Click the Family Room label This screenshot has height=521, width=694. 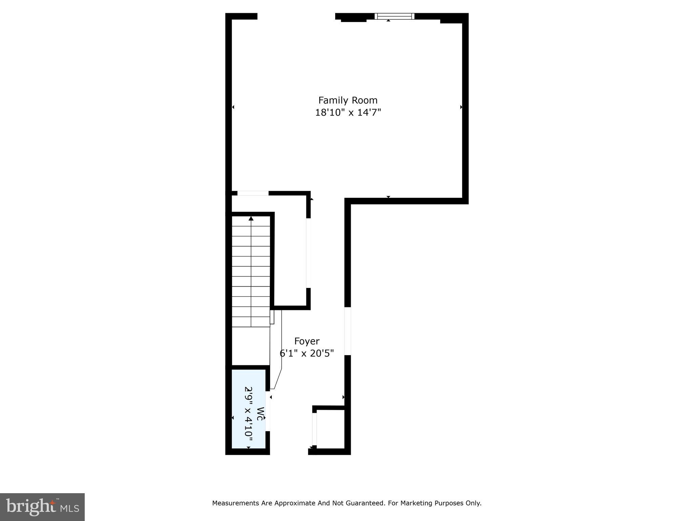pyautogui.click(x=348, y=100)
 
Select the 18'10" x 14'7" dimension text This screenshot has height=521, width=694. pyautogui.click(x=348, y=113)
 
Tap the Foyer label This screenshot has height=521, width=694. pyautogui.click(x=307, y=341)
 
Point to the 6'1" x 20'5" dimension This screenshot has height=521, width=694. pyautogui.click(x=307, y=353)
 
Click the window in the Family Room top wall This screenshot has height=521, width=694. pyautogui.click(x=394, y=16)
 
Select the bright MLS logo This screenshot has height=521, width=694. pyautogui.click(x=42, y=507)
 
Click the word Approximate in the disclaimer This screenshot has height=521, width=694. pyautogui.click(x=294, y=503)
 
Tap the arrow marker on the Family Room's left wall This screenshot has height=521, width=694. pyautogui.click(x=233, y=107)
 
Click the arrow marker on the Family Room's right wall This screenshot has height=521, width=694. pyautogui.click(x=461, y=107)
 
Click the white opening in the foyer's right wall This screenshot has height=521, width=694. pyautogui.click(x=348, y=331)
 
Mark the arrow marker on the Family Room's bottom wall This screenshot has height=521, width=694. pyautogui.click(x=389, y=197)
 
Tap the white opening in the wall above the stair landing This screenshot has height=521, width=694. pyautogui.click(x=253, y=193)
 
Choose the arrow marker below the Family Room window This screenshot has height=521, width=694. pyautogui.click(x=389, y=21)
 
